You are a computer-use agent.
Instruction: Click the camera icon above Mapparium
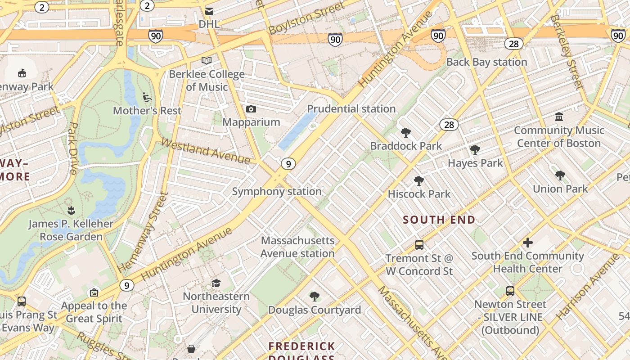point(251,109)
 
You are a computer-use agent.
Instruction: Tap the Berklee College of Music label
point(207,80)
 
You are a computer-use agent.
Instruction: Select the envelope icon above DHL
point(209,11)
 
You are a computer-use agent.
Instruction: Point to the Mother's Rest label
point(147,111)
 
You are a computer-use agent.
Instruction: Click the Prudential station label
point(351,109)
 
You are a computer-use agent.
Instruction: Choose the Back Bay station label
point(486,62)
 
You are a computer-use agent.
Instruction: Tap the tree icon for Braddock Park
point(406,133)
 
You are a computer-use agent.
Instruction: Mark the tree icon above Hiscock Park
point(419,181)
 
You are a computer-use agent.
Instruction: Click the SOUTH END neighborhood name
point(439,220)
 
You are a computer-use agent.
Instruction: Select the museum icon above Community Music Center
point(559,117)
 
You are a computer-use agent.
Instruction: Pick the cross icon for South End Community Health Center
point(527,243)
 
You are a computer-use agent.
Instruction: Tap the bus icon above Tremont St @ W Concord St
point(419,245)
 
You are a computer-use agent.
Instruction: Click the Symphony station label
point(277,192)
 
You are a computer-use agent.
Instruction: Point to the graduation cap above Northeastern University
point(216,283)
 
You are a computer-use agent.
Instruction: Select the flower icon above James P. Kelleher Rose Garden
point(71,210)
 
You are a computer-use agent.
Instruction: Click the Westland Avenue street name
point(205,151)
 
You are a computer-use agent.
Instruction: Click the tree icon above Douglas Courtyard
point(315,297)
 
